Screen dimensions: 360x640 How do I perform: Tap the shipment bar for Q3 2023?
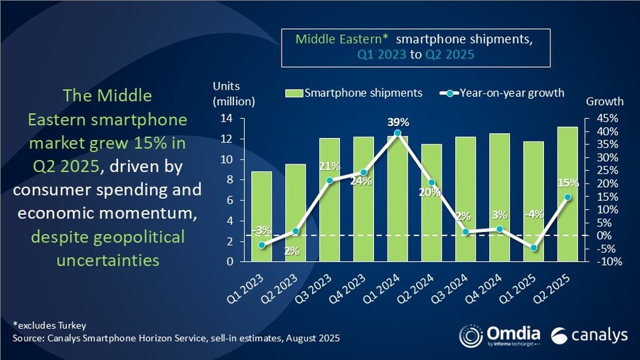[x=329, y=199]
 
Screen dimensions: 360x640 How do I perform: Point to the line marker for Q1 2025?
[x=534, y=248]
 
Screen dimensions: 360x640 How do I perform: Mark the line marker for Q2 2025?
[x=567, y=197]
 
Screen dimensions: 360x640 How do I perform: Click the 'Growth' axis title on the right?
[x=604, y=102]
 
